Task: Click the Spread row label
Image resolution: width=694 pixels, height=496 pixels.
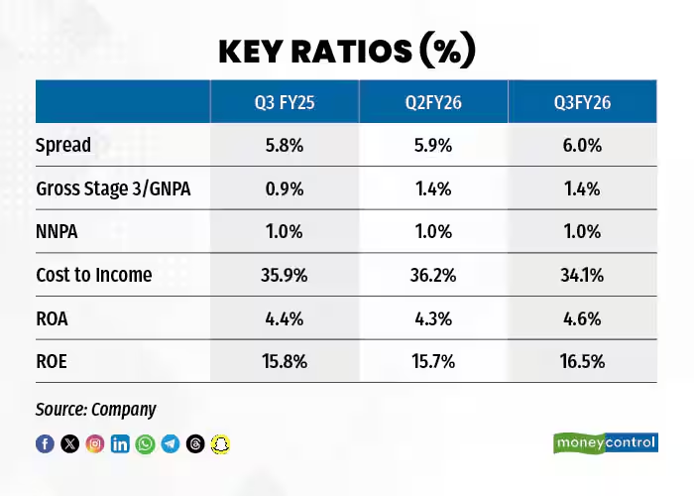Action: coord(63,145)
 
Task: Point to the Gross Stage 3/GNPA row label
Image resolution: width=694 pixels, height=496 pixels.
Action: coord(113,188)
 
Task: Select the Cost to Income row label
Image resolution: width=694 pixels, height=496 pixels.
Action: coord(94,275)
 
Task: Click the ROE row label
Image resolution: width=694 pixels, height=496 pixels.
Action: coord(53,361)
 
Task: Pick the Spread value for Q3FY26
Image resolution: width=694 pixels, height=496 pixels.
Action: coord(581,145)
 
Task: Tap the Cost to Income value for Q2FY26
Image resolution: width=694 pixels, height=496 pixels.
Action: coord(432,275)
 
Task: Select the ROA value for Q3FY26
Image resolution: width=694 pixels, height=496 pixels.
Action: coord(581,318)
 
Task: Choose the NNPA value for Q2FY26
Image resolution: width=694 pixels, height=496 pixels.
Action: coord(432,232)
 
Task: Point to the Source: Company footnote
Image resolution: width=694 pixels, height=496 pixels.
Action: coord(96,409)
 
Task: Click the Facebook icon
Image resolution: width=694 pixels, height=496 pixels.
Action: coord(45,443)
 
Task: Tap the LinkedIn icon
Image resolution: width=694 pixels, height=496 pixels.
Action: coord(120,443)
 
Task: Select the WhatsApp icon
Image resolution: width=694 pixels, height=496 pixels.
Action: coord(146,443)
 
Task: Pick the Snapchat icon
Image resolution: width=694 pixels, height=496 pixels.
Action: coord(221,443)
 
